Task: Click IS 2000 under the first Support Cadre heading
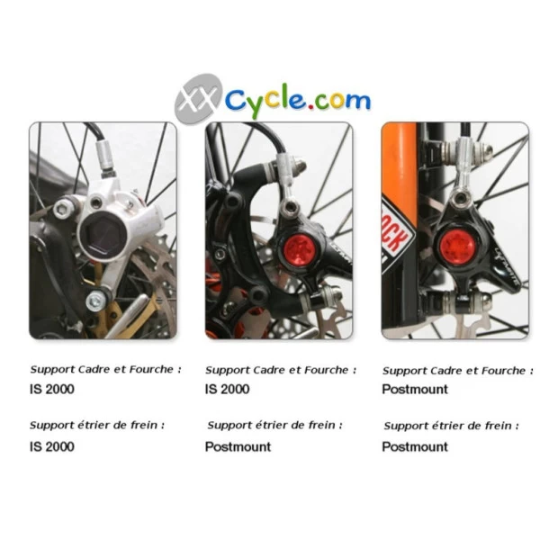[x=51, y=390]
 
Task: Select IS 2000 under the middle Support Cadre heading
[x=227, y=390]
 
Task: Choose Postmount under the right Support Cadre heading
[x=415, y=390]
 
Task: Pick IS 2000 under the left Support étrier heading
[x=51, y=446]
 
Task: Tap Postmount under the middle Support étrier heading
[x=238, y=446]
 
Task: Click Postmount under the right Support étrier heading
[x=415, y=446]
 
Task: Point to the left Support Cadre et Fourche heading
[x=105, y=369]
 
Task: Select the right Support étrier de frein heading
[x=451, y=426]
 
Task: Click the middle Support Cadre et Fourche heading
[x=281, y=370]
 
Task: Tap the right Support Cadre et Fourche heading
[x=457, y=370]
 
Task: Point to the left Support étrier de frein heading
[x=97, y=425]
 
